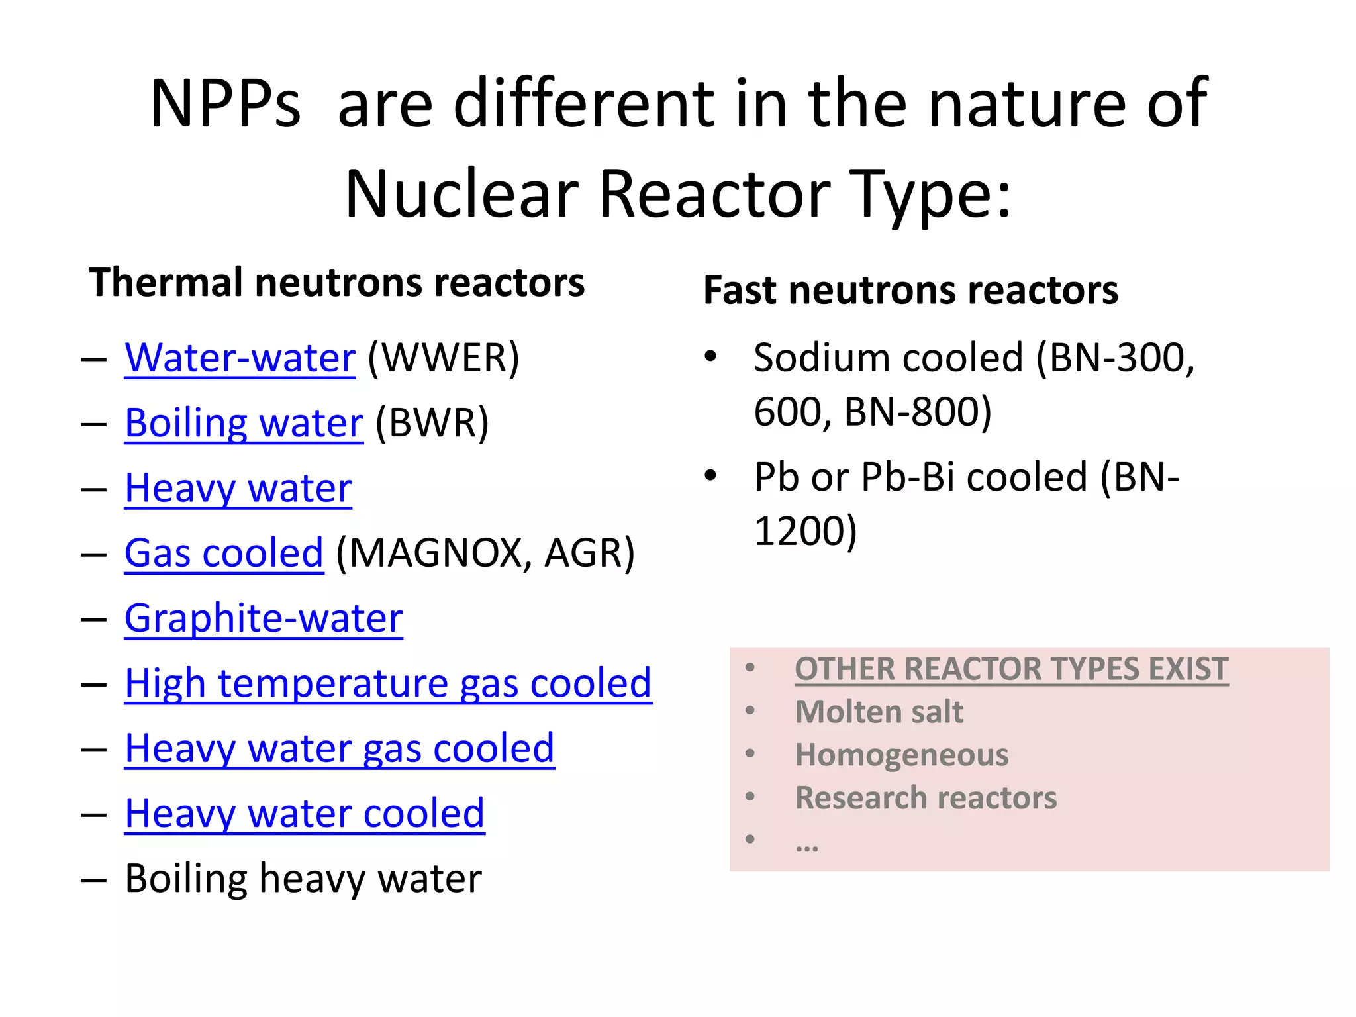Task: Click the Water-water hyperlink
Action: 240,358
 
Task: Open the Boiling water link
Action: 244,423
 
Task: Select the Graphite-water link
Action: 264,618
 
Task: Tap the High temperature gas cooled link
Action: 388,683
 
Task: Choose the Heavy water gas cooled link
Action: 339,749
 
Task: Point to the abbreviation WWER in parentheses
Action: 444,358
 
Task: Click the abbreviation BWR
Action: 432,423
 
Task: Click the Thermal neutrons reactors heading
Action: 336,283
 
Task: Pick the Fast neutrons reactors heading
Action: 910,290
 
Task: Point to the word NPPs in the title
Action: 225,104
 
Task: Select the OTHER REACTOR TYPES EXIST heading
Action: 1011,669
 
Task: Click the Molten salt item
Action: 879,712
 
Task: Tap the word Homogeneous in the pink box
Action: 901,755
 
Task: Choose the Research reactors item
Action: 926,798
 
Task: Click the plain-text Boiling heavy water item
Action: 303,879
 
